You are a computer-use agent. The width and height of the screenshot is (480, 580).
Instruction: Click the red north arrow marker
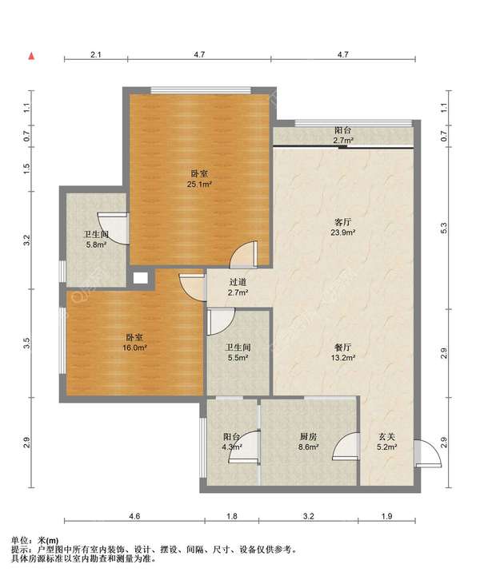click(32, 56)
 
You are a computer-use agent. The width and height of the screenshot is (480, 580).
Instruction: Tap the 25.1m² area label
click(199, 184)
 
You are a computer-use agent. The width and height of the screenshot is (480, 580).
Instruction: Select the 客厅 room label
click(343, 222)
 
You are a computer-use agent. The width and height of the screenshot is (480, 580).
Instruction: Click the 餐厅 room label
click(343, 348)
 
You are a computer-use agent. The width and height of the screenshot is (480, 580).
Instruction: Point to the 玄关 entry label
click(386, 437)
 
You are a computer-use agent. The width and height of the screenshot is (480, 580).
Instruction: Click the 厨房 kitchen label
click(309, 437)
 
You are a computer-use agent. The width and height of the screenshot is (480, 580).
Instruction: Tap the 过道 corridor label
click(238, 282)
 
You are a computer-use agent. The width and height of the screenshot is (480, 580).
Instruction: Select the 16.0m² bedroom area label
click(135, 348)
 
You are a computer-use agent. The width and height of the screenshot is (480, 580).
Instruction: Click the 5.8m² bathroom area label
click(96, 244)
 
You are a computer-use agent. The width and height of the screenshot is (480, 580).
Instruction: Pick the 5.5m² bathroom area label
click(238, 358)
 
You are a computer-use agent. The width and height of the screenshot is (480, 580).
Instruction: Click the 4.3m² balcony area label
click(232, 447)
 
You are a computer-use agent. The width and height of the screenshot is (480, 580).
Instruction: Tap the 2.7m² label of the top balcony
click(343, 141)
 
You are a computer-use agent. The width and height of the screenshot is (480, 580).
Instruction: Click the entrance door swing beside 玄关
click(428, 454)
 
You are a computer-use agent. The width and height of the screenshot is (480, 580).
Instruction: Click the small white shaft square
click(140, 278)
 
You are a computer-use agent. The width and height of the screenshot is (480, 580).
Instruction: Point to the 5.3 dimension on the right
click(445, 228)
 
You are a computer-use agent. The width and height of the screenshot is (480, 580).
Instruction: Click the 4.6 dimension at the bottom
click(135, 516)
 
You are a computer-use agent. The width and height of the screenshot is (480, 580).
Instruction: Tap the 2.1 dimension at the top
click(96, 55)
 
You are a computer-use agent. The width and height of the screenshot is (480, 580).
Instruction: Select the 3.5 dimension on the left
click(26, 344)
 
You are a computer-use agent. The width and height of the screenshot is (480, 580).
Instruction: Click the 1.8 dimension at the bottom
click(232, 516)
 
